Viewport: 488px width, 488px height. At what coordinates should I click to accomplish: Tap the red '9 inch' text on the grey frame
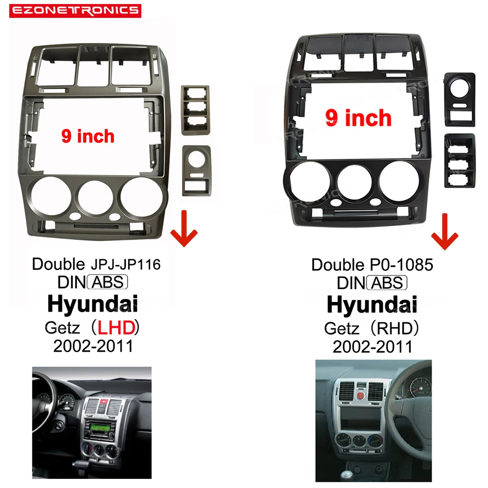[88, 136]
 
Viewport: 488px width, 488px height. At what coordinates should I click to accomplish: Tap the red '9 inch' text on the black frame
[358, 118]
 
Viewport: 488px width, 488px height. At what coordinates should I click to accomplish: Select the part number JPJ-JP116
[125, 264]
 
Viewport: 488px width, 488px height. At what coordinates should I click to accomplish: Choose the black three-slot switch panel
[460, 160]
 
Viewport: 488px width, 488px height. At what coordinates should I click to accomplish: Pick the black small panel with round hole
[460, 99]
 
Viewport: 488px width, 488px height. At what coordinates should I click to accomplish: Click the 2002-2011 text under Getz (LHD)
[93, 346]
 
